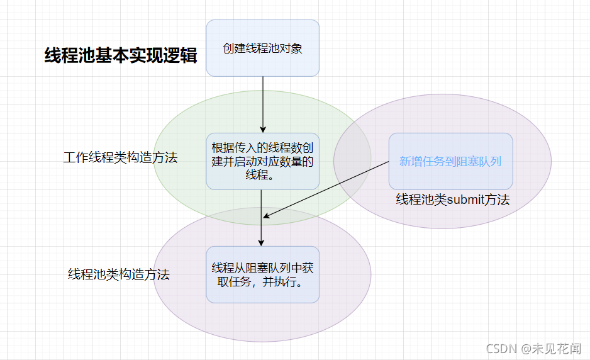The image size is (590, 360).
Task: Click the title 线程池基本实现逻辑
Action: click(121, 55)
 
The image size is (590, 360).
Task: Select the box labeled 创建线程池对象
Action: click(262, 48)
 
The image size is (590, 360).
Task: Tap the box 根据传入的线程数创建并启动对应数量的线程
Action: click(262, 161)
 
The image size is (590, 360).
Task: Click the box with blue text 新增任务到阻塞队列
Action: click(450, 161)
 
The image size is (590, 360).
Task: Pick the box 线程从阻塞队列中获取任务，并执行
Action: click(262, 274)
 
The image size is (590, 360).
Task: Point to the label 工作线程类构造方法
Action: click(120, 157)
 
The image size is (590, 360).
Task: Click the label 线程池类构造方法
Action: click(119, 274)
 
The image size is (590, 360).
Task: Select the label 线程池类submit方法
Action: click(452, 200)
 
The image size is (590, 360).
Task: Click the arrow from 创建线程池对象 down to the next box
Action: click(263, 104)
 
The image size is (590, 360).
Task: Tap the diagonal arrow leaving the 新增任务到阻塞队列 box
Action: click(327, 189)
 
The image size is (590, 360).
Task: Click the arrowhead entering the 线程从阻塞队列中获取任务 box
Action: click(262, 242)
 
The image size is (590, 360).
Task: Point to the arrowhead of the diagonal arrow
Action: click(267, 216)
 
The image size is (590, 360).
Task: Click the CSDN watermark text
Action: click(501, 347)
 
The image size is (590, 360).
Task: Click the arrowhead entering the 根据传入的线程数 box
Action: click(263, 128)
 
